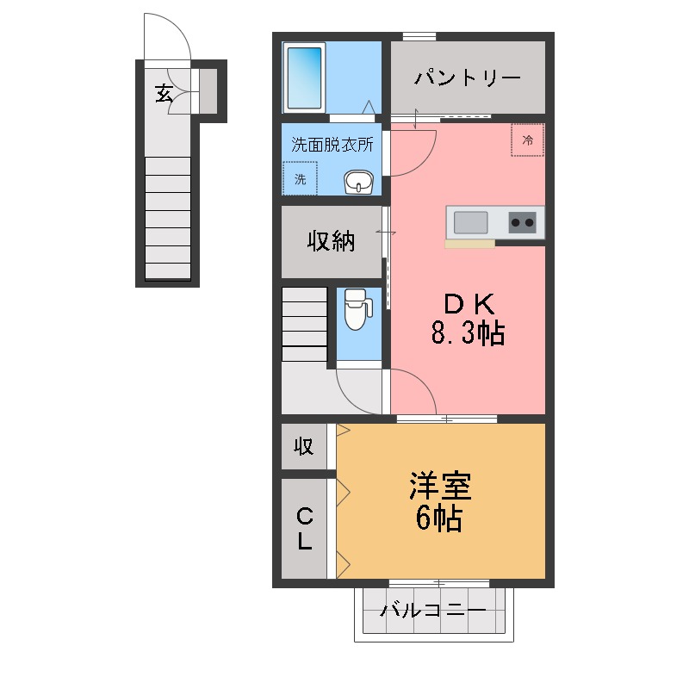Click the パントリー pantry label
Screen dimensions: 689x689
(x=468, y=78)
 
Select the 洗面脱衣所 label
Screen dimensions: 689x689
(x=332, y=145)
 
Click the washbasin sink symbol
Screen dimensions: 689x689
(x=358, y=182)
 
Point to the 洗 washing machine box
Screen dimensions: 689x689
(x=301, y=180)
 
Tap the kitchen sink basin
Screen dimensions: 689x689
(x=470, y=223)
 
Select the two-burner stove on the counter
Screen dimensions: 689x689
(x=522, y=223)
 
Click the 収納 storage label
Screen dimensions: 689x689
(x=332, y=242)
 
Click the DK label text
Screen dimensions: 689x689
(x=468, y=304)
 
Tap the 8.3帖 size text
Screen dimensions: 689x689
(x=468, y=333)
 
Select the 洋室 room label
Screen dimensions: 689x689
(x=439, y=487)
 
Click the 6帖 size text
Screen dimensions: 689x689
(x=439, y=518)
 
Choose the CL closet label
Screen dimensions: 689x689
(x=305, y=529)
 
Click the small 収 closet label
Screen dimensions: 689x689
(x=303, y=446)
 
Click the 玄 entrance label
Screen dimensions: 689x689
(x=163, y=92)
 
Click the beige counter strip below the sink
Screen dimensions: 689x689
(x=469, y=244)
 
